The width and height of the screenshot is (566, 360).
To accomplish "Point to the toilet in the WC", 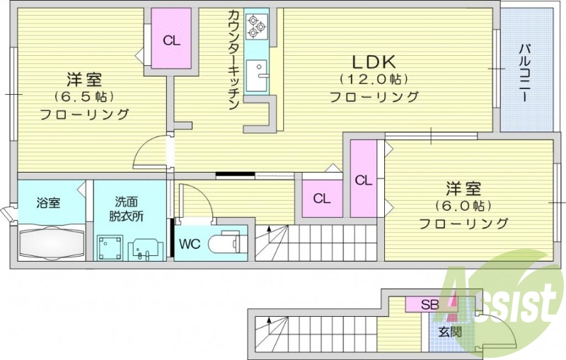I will coord(229,242).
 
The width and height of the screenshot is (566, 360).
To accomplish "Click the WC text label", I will coord(189,245).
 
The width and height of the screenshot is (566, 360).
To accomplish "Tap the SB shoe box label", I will coord(429,305).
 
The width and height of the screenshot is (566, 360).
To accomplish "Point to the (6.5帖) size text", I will coord(84,95).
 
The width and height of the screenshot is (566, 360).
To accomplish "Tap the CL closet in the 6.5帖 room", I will coord(171,40).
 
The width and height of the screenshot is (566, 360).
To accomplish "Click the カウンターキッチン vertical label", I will coord(233,60).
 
